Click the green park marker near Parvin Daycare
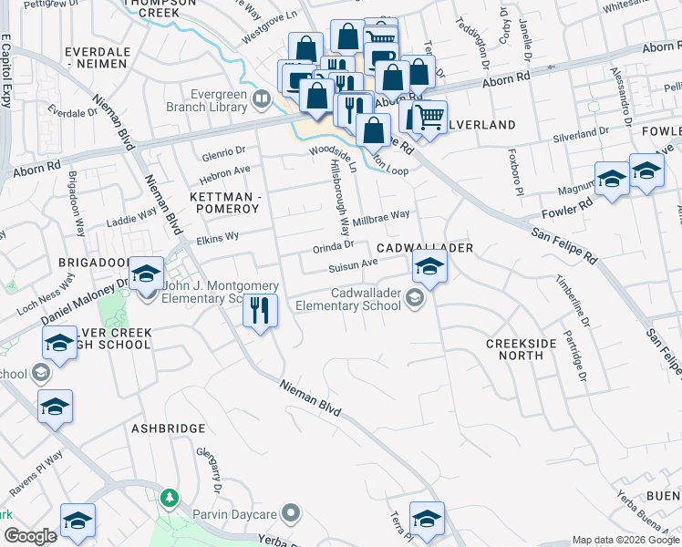point(168,498)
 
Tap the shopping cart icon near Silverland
point(429,117)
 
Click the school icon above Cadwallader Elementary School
point(428,267)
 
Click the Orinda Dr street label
point(335,244)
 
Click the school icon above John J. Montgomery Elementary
point(145,273)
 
